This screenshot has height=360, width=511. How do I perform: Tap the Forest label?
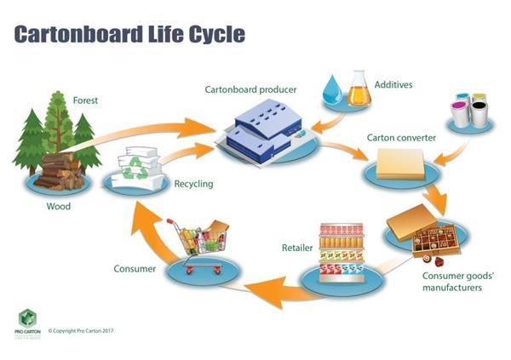click(x=85, y=100)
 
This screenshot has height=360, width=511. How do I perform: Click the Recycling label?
click(x=193, y=183)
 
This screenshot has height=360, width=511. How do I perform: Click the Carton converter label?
click(x=401, y=137)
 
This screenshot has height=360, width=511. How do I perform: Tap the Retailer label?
click(x=298, y=249)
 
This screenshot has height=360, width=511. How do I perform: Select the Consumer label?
click(x=135, y=270)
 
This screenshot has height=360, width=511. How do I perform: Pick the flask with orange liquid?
click(x=359, y=88)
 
